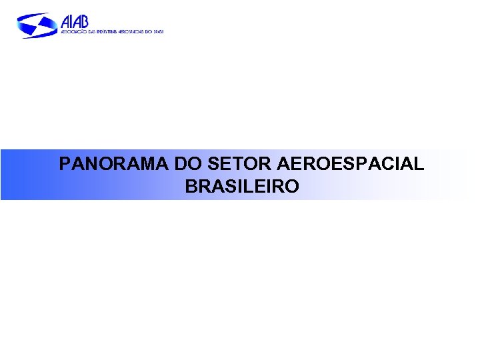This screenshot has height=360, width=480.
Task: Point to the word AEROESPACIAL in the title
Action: coord(350,164)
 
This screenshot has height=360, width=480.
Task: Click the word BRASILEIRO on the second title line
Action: coord(242,187)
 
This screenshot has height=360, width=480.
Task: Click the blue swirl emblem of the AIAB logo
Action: coord(37,25)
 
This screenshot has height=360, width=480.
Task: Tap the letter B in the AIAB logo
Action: coord(83,22)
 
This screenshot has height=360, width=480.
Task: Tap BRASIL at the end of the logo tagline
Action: coord(158,31)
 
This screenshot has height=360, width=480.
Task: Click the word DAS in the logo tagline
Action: coord(88,31)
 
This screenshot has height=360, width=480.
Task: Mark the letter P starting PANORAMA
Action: coord(64,164)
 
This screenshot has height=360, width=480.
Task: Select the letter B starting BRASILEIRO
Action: coord(192,187)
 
